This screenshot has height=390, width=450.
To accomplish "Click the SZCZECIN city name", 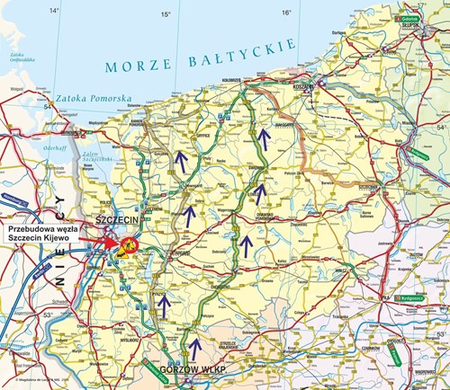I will point(112,218).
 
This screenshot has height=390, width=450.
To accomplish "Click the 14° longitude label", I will point(54,11).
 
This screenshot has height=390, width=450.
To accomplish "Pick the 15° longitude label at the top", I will point(166,14).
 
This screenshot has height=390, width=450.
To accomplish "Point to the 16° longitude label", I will point(286,13).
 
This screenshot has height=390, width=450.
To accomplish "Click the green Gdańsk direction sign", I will point(410,17).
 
